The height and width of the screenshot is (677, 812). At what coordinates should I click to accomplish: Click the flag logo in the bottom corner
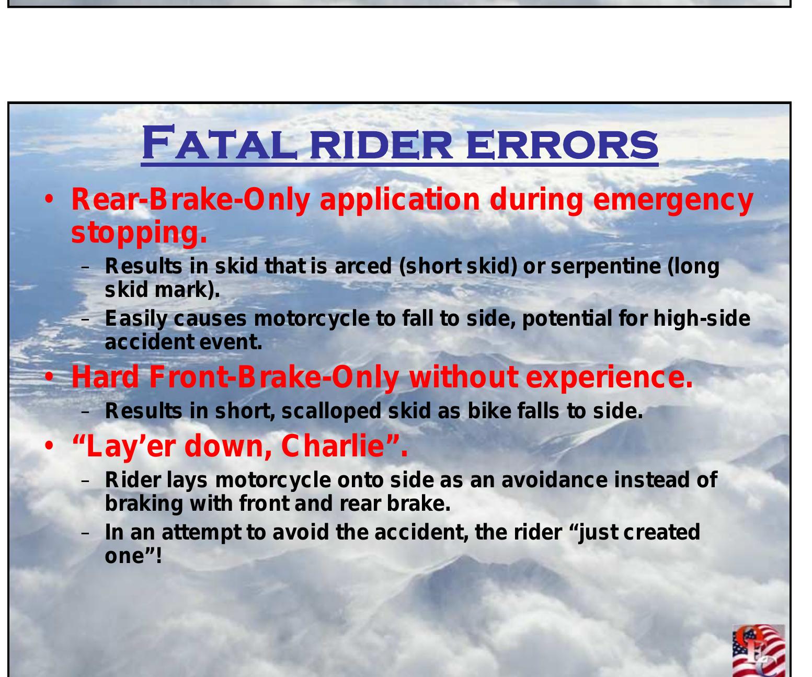[758, 650]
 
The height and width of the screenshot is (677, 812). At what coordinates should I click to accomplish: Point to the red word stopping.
[139, 233]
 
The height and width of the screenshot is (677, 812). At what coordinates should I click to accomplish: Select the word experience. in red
[609, 377]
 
